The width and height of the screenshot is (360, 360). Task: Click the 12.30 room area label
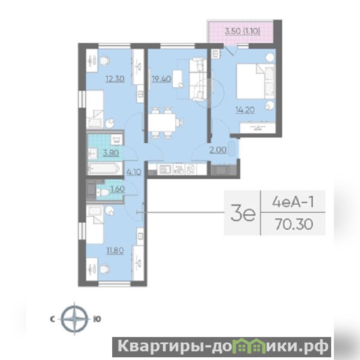(115, 79)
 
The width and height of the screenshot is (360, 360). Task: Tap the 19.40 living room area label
(161, 79)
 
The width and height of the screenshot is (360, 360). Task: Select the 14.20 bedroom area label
(245, 110)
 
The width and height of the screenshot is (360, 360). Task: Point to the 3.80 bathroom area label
(111, 153)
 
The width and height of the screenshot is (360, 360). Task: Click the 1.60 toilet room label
(118, 189)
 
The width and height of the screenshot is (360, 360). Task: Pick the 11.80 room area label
(115, 250)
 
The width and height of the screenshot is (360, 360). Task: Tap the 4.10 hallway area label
(134, 172)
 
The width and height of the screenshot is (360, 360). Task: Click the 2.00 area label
(218, 150)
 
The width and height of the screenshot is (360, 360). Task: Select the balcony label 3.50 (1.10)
(242, 31)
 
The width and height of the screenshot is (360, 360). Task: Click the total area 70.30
(294, 224)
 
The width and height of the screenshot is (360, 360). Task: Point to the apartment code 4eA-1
(293, 202)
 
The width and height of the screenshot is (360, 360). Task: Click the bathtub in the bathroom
(105, 169)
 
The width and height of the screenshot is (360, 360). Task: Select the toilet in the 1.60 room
(103, 192)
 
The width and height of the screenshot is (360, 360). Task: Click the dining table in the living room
(162, 123)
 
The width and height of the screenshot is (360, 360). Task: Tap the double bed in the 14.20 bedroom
(255, 81)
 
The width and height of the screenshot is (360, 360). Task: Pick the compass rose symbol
(75, 319)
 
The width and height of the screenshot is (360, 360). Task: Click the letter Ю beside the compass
(97, 319)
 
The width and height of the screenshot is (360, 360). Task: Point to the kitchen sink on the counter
(165, 169)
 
